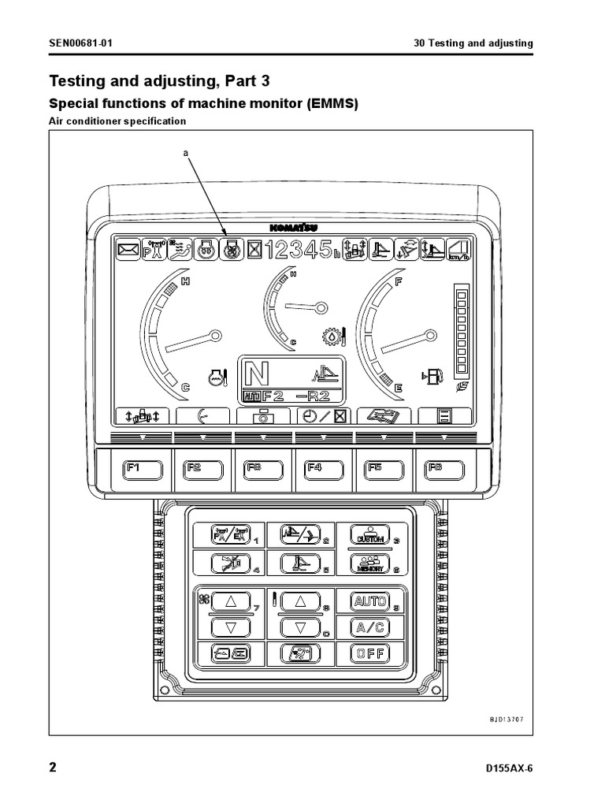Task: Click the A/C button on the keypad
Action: (370, 628)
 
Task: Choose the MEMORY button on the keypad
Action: (370, 563)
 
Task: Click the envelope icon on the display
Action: (127, 251)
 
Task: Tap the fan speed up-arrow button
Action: (232, 602)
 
